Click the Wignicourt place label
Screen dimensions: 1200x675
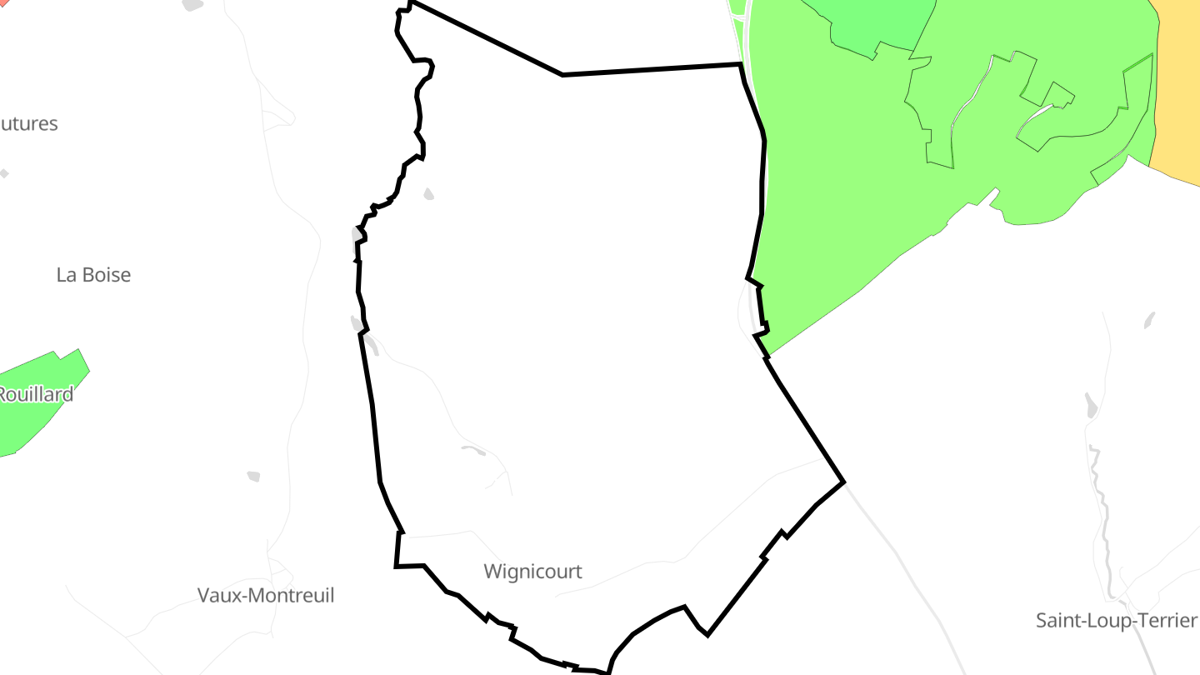[532, 572]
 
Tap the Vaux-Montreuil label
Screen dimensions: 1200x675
[266, 596]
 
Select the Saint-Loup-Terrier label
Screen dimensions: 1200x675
[1116, 621]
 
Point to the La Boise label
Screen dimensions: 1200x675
[93, 275]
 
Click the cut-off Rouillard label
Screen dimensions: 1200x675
[35, 394]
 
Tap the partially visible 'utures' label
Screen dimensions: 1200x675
[28, 124]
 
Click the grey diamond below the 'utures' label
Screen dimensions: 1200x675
[4, 173]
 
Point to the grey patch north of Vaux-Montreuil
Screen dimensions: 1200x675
[253, 476]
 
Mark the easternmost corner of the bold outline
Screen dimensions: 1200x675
[844, 482]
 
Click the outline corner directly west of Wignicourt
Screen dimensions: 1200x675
[396, 567]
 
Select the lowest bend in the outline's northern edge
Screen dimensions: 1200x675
[562, 75]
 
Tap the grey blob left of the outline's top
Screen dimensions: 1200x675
[193, 4]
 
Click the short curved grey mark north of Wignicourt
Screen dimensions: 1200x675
[473, 450]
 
